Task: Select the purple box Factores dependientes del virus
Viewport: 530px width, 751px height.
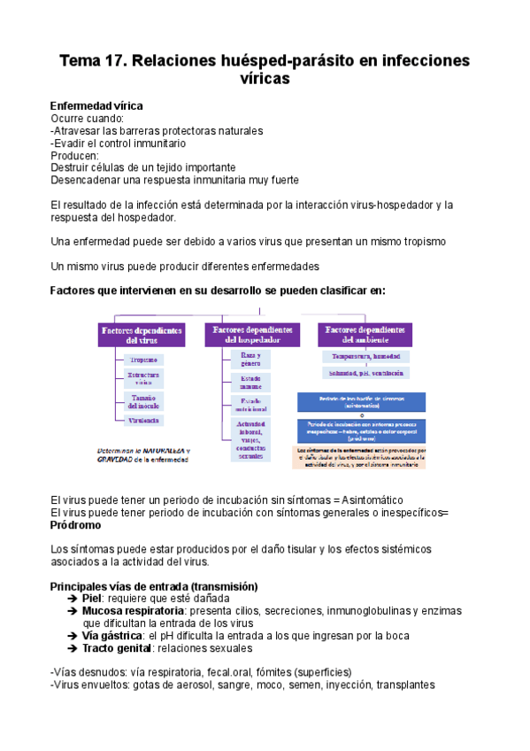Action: point(142,334)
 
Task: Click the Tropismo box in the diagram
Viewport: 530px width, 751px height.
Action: point(143,360)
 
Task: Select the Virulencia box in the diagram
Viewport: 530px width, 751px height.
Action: point(143,420)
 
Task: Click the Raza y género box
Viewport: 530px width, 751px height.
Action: point(251,359)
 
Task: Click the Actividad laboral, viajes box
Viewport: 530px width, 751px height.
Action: point(251,440)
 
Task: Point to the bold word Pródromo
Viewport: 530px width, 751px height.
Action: point(77,525)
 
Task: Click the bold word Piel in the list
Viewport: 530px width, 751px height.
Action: point(92,598)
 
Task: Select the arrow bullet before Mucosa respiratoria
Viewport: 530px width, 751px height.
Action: point(72,610)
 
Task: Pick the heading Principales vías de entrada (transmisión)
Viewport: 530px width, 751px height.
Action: point(154,586)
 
